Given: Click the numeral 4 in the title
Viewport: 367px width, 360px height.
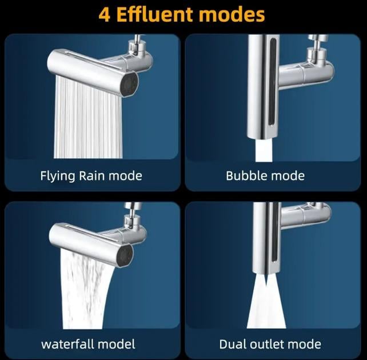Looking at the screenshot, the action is pos(105,15).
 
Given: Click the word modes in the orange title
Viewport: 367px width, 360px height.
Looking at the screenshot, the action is pos(232,14).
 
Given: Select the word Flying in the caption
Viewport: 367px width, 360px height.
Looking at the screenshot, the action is pos(58,176).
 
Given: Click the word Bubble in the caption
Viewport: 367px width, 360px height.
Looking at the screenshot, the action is pos(243,175).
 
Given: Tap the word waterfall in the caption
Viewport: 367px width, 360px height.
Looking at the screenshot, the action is pos(67,344).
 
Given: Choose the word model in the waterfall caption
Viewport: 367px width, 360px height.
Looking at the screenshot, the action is pos(116,344).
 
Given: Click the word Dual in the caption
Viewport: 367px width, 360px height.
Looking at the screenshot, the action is pos(233,344).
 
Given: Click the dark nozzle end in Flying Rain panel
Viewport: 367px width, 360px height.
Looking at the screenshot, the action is pos(129,84).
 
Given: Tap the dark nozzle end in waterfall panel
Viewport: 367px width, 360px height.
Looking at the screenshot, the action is pos(125,255).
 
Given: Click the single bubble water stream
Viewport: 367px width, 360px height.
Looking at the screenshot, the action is pos(264,150).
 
